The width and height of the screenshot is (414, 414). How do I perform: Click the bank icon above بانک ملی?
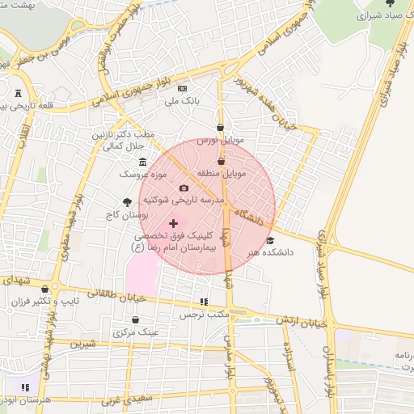coord(182,88)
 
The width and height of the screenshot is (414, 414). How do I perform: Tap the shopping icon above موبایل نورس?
coord(221,127)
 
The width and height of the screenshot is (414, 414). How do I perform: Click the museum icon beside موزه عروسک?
coord(143,162)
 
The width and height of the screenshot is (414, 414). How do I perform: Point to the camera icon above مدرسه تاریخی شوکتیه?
coord(183,188)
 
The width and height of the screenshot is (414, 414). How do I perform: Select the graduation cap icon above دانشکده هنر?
coord(270,240)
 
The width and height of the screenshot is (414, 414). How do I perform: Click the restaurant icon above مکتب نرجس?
coord(203,301)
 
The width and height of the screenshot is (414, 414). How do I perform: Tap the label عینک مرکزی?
coord(135,332)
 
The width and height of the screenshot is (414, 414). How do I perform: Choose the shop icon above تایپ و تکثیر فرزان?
coord(44,289)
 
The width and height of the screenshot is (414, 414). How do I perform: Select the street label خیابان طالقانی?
coord(95,295)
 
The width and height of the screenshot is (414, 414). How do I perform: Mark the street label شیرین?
coord(83,344)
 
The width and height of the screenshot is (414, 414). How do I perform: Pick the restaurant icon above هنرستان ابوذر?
coord(26,388)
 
